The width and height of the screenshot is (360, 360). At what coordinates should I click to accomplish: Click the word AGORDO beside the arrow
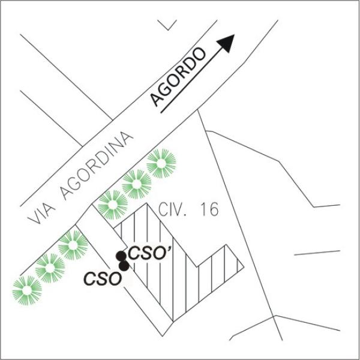[178, 77]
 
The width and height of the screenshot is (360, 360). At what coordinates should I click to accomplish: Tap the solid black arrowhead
[227, 43]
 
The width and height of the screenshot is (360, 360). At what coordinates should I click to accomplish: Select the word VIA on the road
[41, 214]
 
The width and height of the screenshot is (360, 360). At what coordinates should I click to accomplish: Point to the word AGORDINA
[97, 166]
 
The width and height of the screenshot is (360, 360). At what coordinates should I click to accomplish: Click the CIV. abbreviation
[172, 209]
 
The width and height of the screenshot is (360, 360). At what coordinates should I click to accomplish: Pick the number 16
[209, 209]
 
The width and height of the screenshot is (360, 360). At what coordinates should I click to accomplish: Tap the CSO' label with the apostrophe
[149, 253]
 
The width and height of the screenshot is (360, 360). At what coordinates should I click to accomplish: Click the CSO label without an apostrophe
[103, 279]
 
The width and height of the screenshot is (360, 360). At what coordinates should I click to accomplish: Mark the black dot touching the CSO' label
[121, 256]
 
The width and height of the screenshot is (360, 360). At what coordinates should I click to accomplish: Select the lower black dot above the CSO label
[124, 266]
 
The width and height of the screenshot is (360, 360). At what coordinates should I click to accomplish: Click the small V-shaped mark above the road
[167, 25]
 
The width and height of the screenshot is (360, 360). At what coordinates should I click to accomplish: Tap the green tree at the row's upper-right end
[161, 163]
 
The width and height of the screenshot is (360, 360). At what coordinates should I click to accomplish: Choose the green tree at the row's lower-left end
[27, 290]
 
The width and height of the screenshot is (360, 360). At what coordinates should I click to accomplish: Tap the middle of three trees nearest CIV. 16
[137, 184]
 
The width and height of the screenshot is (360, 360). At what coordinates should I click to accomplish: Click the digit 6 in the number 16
[214, 209]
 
